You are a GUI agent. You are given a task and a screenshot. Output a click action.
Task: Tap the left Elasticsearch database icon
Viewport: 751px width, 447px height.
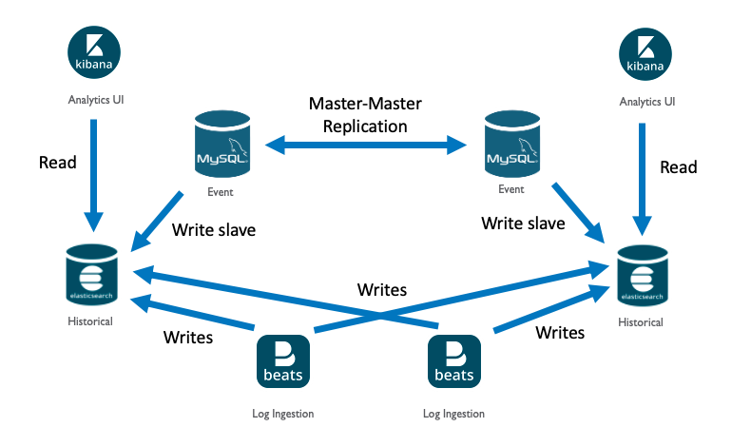[x=90, y=276]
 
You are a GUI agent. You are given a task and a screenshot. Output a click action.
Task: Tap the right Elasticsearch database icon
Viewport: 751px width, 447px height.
[x=639, y=279]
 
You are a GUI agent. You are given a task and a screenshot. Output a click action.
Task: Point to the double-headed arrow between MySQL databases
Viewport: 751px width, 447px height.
[x=366, y=146]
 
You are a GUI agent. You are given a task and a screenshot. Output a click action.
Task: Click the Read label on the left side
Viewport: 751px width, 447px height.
[x=57, y=162]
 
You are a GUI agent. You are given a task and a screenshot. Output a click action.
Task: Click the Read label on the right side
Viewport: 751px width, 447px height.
[x=679, y=167]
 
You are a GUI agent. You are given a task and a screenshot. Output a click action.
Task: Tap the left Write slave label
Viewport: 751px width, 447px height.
[x=213, y=229]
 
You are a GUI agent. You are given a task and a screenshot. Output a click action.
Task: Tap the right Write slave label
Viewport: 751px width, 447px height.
[x=523, y=223]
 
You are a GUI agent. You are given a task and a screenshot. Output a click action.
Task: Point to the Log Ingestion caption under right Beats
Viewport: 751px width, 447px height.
[x=453, y=414]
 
